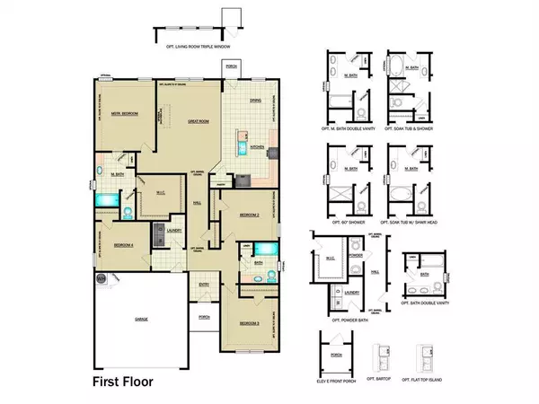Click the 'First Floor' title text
[x=123, y=381]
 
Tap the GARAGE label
[x=141, y=319]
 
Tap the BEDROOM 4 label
[x=123, y=244]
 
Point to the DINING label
[x=257, y=101]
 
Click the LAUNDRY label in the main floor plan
[x=173, y=231]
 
